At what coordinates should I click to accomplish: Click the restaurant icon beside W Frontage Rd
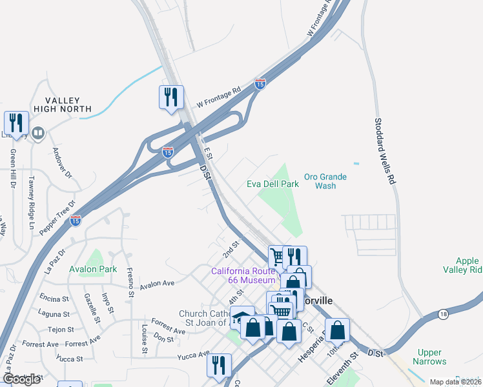pos(171,97)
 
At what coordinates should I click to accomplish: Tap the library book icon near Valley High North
pos(38,134)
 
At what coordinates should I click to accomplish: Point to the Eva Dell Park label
pos(272,184)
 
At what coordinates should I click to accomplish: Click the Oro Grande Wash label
pos(325,181)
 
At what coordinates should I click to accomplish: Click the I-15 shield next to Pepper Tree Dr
pos(76,220)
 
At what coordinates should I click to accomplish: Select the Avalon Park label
pos(93,268)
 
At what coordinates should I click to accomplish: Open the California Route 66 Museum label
pos(243,275)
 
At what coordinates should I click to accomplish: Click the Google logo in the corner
pos(22,379)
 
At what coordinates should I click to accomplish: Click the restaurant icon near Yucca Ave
pos(219,364)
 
